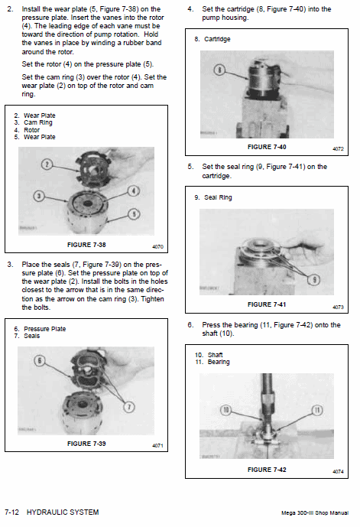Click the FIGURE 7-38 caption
pos(86,245)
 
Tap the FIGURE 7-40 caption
pos(267,147)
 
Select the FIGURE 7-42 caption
pos(267,470)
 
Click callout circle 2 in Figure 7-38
pos(47,164)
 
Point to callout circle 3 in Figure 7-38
pos(39,196)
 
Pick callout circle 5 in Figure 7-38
pos(134,214)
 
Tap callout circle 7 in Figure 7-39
pos(129,407)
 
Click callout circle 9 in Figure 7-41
pos(314,280)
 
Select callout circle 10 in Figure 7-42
pos(225,410)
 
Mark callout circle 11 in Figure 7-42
pos(317,410)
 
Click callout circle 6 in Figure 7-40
pos(219,70)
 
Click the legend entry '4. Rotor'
pos(27,130)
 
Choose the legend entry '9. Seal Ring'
pos(213,197)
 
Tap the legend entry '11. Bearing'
pos(212,362)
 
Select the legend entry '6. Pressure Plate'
pos(40,329)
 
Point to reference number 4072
pos(338,149)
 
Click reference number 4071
pos(157,446)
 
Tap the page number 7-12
pos(11,512)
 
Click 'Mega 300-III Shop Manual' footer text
pos(315,513)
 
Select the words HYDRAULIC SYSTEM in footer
pos(63,512)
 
